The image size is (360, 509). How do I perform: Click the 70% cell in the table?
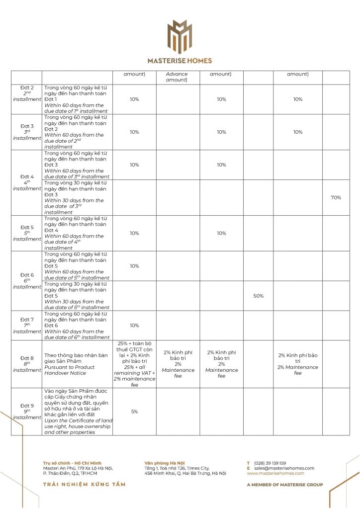[x=336, y=197]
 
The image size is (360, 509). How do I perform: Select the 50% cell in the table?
[x=258, y=296]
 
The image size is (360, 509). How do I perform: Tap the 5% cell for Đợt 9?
[x=134, y=412]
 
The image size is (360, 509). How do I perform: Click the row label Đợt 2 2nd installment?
[x=27, y=93]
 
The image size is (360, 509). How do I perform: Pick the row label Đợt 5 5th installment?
[x=27, y=233]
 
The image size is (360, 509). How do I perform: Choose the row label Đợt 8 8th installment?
[x=27, y=363]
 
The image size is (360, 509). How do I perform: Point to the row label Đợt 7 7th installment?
[x=27, y=326]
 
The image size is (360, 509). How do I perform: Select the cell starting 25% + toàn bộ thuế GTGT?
[x=134, y=363]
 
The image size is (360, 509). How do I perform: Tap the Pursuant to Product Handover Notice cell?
[x=77, y=363]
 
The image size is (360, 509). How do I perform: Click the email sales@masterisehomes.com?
[x=284, y=468]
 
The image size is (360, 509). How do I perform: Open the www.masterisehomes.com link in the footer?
[x=275, y=473]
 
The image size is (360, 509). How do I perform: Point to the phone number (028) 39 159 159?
[x=270, y=463]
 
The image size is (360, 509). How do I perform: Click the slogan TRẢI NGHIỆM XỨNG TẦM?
[x=84, y=484]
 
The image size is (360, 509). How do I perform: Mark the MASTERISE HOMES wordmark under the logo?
[x=180, y=61]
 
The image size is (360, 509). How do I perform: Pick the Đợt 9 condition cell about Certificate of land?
[x=77, y=412]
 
